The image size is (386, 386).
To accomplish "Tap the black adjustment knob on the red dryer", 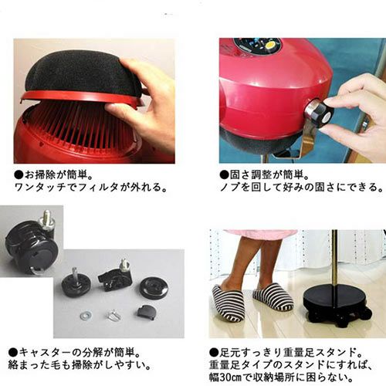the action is (x=320, y=113).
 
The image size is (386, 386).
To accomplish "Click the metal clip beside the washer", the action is (x=113, y=315).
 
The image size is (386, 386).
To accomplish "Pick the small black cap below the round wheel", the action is (x=146, y=312).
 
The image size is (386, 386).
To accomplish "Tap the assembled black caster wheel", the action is (x=31, y=249).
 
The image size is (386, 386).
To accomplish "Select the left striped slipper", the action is (x=228, y=303).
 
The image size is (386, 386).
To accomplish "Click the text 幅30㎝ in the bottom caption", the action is (x=225, y=378).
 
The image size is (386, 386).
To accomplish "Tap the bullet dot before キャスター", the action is (x=13, y=352).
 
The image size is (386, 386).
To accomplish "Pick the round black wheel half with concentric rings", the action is (x=154, y=287).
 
